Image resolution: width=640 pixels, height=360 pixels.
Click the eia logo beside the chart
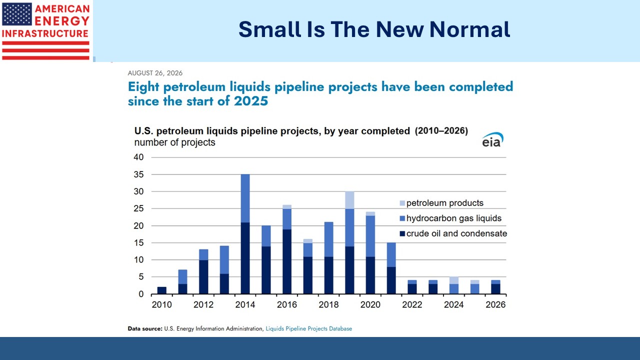pyautogui.click(x=492, y=139)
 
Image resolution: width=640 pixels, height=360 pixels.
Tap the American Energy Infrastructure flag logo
pyautogui.click(x=45, y=31)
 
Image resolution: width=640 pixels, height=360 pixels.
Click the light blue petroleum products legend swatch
pyautogui.click(x=402, y=203)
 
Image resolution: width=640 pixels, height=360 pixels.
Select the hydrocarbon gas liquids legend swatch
pyautogui.click(x=402, y=218)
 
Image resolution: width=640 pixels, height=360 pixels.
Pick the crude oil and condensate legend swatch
pyautogui.click(x=402, y=233)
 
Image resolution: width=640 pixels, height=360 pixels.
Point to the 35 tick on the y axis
pyautogui.click(x=139, y=174)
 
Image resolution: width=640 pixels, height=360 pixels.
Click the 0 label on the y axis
pyautogui.click(x=141, y=294)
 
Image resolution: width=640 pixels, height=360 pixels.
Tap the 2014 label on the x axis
pyautogui.click(x=245, y=304)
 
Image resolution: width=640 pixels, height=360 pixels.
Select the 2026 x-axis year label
pyautogui.click(x=495, y=304)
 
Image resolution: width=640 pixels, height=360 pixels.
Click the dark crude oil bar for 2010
pyautogui.click(x=161, y=290)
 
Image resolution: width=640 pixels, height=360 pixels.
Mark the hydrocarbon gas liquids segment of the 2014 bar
pyautogui.click(x=245, y=198)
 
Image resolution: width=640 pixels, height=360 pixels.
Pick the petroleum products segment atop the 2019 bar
pyautogui.click(x=349, y=200)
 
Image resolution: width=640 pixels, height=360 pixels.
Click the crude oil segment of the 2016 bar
pyautogui.click(x=287, y=261)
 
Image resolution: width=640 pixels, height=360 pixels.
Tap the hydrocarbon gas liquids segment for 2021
pyautogui.click(x=391, y=255)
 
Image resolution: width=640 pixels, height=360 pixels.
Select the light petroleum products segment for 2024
pyautogui.click(x=454, y=280)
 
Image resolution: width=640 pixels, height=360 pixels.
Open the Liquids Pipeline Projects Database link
pyautogui.click(x=309, y=328)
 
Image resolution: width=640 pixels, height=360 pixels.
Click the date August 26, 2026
pyautogui.click(x=155, y=73)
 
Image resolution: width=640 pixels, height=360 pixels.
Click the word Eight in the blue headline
pyautogui.click(x=143, y=87)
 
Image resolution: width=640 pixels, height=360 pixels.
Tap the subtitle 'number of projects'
pyautogui.click(x=174, y=142)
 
